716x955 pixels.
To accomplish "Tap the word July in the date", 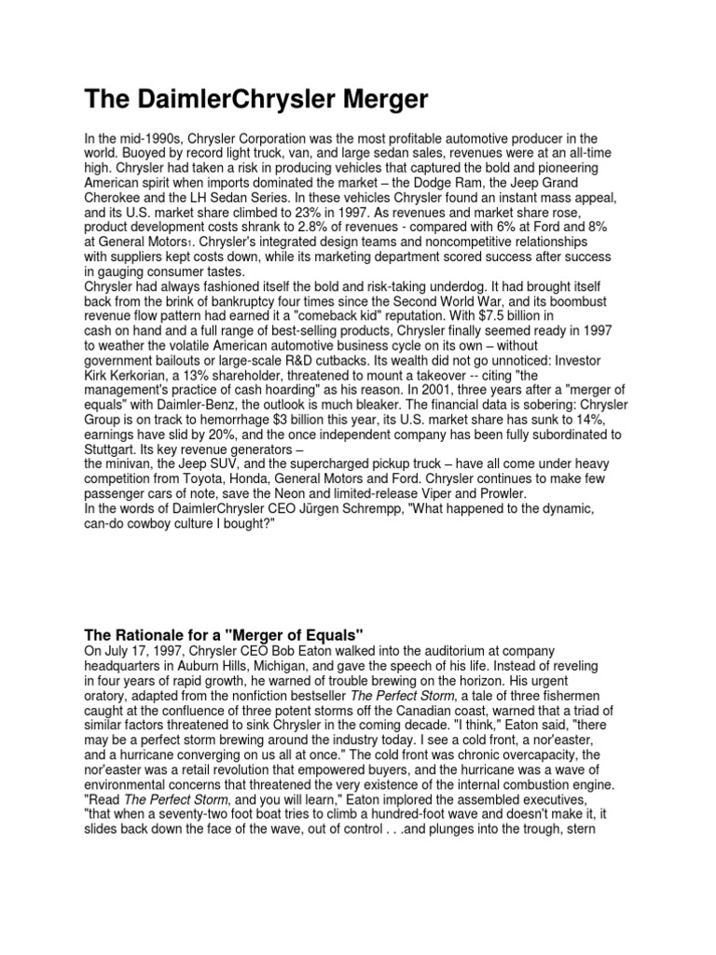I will [119, 650].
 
